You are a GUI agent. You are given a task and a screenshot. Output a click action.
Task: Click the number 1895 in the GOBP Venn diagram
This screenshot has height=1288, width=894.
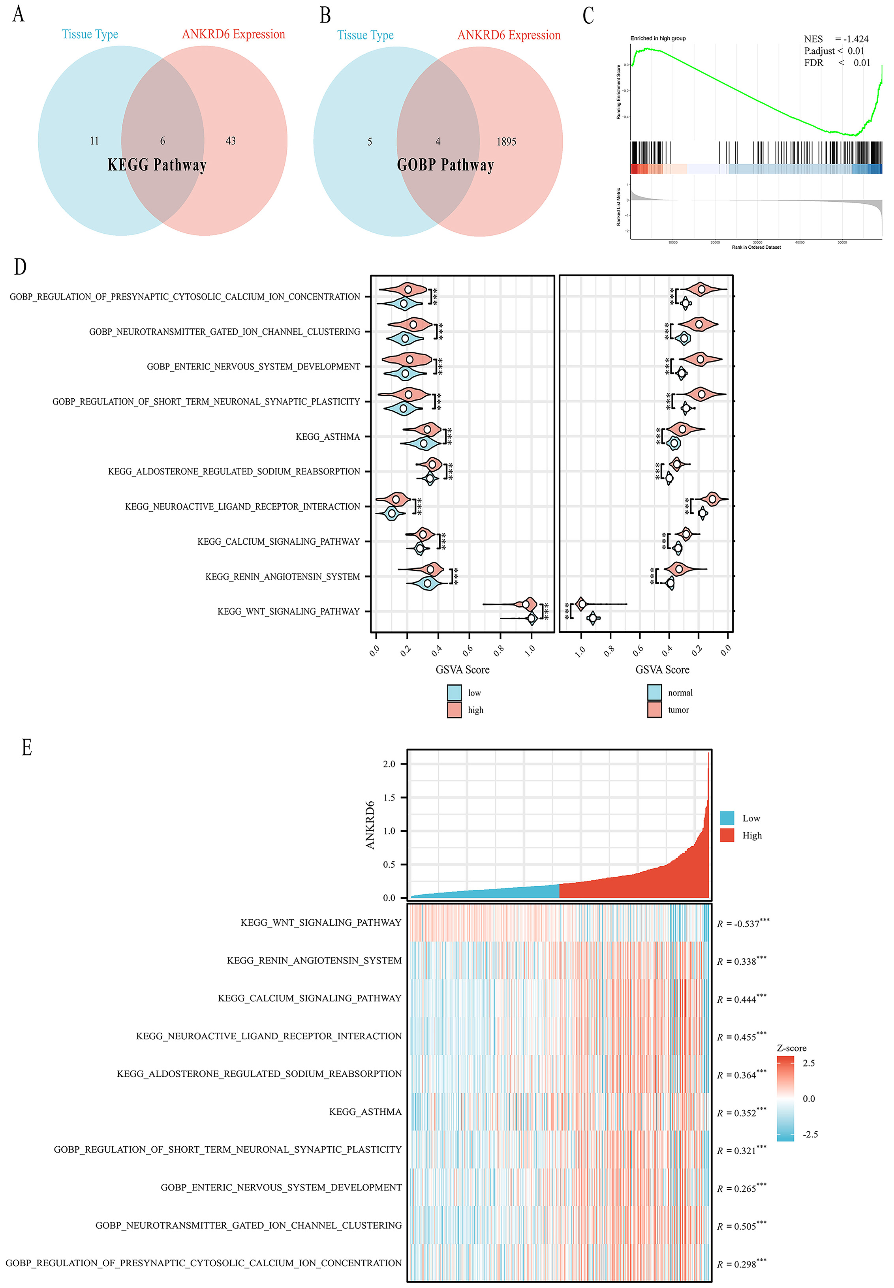pyautogui.click(x=506, y=142)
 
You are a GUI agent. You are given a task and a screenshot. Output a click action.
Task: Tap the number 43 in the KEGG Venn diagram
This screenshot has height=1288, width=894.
pyautogui.click(x=230, y=141)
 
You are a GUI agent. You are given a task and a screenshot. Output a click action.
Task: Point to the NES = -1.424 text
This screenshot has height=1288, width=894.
pyautogui.click(x=836, y=39)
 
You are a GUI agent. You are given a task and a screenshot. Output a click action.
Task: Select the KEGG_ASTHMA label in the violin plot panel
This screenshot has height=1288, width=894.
pyautogui.click(x=328, y=437)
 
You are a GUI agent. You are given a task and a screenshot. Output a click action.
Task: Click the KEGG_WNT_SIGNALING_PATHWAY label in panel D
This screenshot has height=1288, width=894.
pyautogui.click(x=289, y=611)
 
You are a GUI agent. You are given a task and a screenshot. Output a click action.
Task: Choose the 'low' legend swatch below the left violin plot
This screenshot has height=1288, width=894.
pyautogui.click(x=454, y=693)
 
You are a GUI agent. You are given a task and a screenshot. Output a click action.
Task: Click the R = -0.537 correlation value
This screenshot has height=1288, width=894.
pyautogui.click(x=742, y=923)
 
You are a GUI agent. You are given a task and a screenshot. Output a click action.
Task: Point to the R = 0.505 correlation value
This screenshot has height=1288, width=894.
pyautogui.click(x=741, y=1226)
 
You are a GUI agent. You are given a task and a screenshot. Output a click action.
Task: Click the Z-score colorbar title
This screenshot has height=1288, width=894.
pyautogui.click(x=791, y=1048)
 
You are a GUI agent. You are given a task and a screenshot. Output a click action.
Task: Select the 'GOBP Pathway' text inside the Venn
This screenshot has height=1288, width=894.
pyautogui.click(x=445, y=165)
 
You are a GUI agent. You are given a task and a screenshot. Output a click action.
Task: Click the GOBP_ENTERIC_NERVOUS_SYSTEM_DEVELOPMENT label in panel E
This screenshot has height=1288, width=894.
pyautogui.click(x=281, y=1188)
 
